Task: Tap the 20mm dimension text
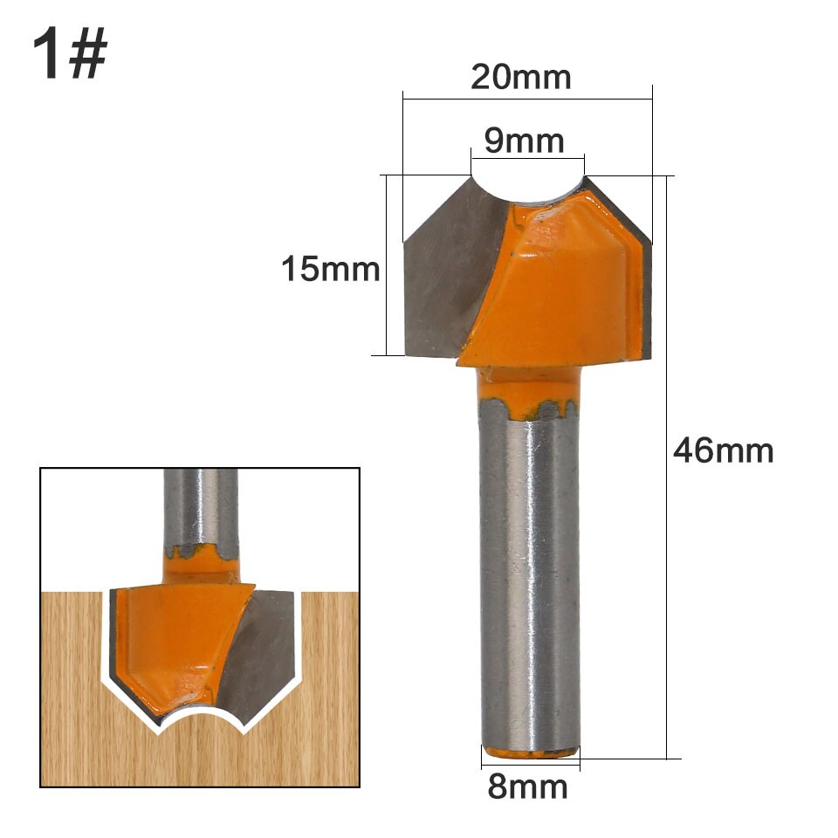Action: click(x=521, y=77)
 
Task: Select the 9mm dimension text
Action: click(x=525, y=140)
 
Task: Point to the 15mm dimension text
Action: click(x=330, y=269)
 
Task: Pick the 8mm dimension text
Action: click(x=528, y=786)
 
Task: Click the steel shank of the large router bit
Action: click(x=530, y=576)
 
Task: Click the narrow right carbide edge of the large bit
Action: click(x=647, y=297)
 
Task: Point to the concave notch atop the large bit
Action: click(x=527, y=188)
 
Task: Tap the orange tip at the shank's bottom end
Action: click(x=531, y=751)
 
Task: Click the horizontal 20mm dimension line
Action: click(x=527, y=99)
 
